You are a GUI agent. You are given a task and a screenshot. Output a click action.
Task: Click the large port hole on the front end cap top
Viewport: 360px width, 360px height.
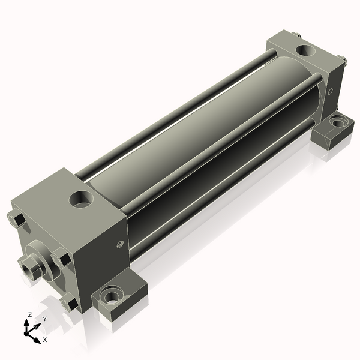[x=81, y=199]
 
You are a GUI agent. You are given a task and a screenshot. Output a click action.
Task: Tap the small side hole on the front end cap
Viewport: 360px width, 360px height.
[x=120, y=244]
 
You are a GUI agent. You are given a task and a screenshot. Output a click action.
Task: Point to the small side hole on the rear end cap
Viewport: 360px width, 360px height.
[x=331, y=92]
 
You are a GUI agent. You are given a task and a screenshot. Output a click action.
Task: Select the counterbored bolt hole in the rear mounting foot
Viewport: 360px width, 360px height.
[x=337, y=122]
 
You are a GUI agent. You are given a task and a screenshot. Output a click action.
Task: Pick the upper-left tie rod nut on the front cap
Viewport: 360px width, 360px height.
[x=17, y=219]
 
